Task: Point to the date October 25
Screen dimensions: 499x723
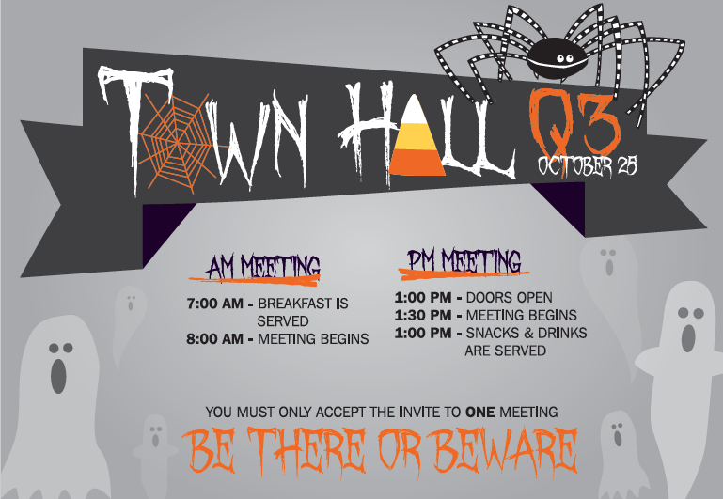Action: pyautogui.click(x=588, y=167)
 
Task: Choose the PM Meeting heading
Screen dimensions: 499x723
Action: pyautogui.click(x=464, y=260)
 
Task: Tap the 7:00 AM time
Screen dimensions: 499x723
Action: pyautogui.click(x=217, y=304)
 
